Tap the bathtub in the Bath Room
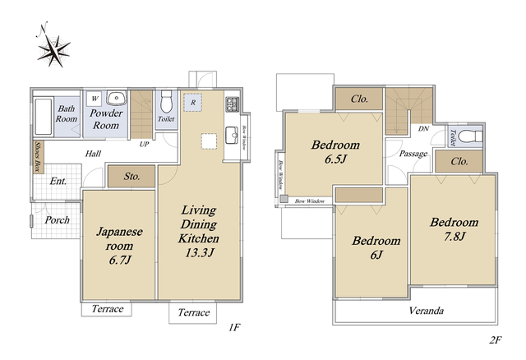pyautogui.click(x=44, y=117)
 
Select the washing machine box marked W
pyautogui.click(x=95, y=99)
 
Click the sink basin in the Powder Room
pyautogui.click(x=117, y=98)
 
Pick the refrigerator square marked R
pyautogui.click(x=193, y=103)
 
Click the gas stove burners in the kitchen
pyautogui.click(x=232, y=104)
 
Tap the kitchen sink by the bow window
pyautogui.click(x=232, y=135)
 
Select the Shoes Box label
pyautogui.click(x=39, y=157)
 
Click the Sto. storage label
pyautogui.click(x=131, y=176)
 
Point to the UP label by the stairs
pyautogui.click(x=144, y=145)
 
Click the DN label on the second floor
pyautogui.click(x=423, y=128)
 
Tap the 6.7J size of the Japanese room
pyautogui.click(x=119, y=260)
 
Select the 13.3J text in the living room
pyautogui.click(x=199, y=252)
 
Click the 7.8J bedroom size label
pyautogui.click(x=454, y=237)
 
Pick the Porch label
pyautogui.click(x=57, y=220)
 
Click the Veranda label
pyautogui.click(x=426, y=311)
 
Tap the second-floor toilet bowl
pyautogui.click(x=470, y=136)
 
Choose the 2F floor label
pyautogui.click(x=495, y=340)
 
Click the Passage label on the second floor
pyautogui.click(x=413, y=154)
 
